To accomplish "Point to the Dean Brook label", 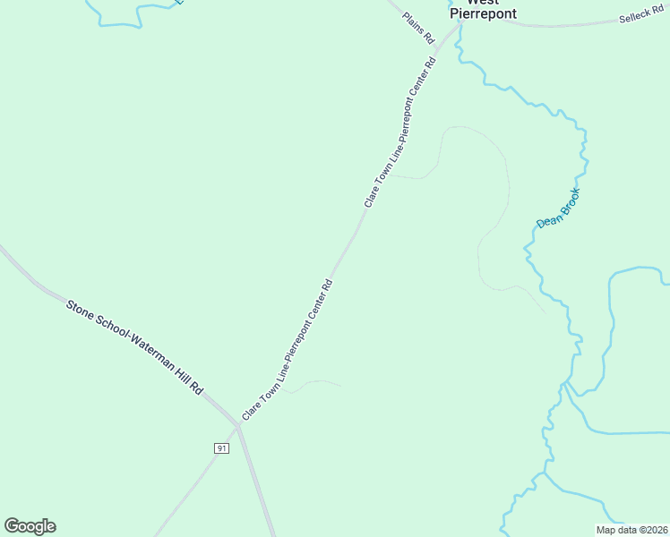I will (558, 208).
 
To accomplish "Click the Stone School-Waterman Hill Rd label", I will (134, 348).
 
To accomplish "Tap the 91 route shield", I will (221, 447).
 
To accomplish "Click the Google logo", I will (30, 526).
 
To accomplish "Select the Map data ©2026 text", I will (632, 530).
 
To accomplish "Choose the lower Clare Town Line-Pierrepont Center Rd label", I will (288, 351).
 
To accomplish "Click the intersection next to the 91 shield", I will (238, 427).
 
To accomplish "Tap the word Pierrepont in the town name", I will (483, 14).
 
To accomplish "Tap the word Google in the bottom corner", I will (30, 526).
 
